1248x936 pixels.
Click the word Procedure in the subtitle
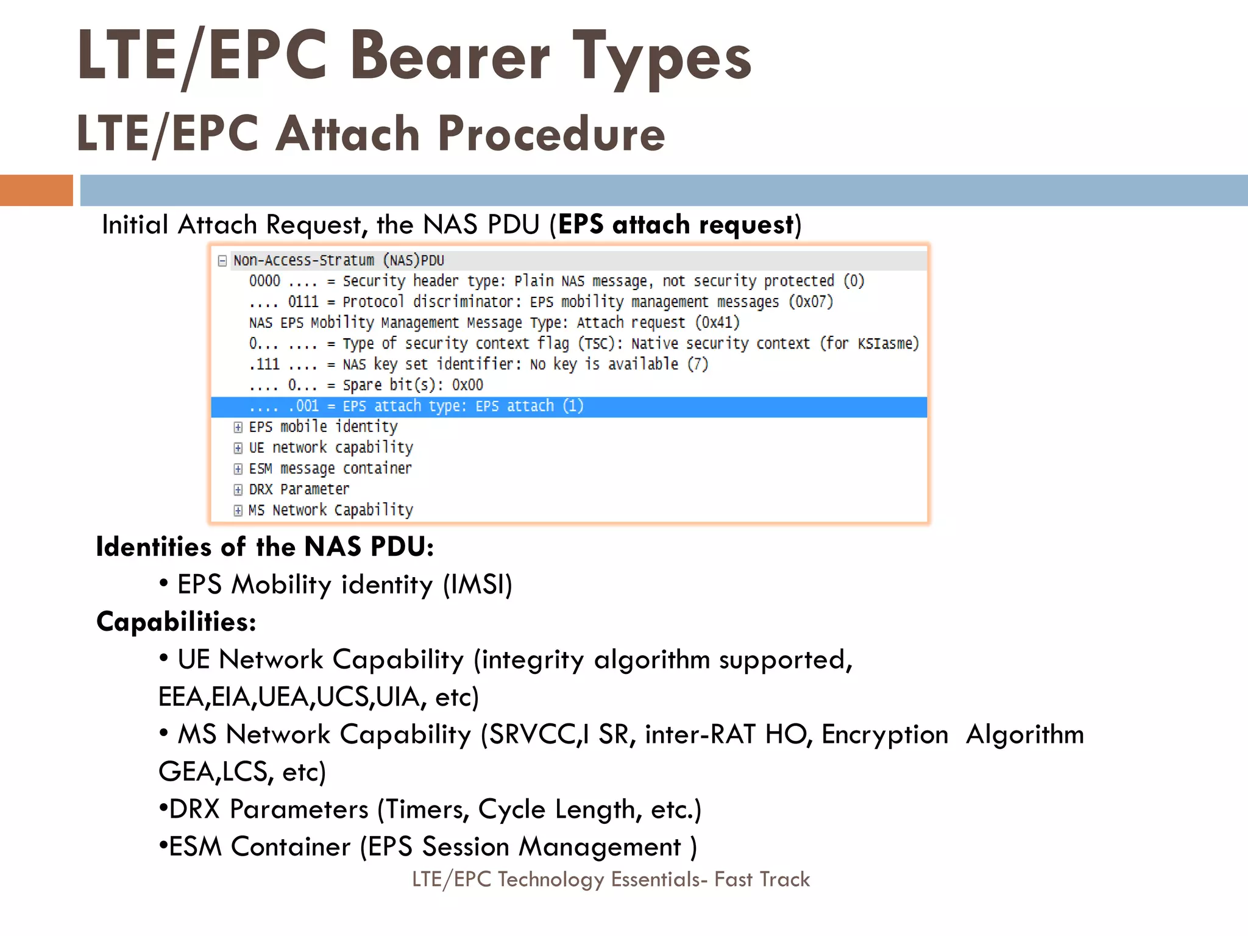[x=551, y=133]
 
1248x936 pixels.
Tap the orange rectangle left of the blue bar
[x=36, y=190]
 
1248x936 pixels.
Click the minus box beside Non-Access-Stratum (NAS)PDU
[x=222, y=261]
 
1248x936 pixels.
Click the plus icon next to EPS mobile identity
[x=238, y=427]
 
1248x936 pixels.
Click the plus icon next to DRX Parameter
[x=238, y=490]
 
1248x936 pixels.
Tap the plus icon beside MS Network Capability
[x=238, y=511]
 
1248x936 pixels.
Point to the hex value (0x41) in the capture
[x=717, y=322]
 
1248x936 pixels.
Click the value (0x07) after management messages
[x=810, y=302]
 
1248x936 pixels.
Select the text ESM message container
[x=330, y=469]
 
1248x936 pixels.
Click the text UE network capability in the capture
[x=330, y=448]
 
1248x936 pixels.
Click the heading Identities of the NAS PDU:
[x=264, y=547]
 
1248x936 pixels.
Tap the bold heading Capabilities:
[x=176, y=622]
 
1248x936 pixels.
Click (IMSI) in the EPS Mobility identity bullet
[x=477, y=584]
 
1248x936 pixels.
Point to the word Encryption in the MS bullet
[x=884, y=734]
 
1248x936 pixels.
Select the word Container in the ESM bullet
[x=291, y=846]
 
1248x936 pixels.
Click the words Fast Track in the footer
[x=762, y=879]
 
